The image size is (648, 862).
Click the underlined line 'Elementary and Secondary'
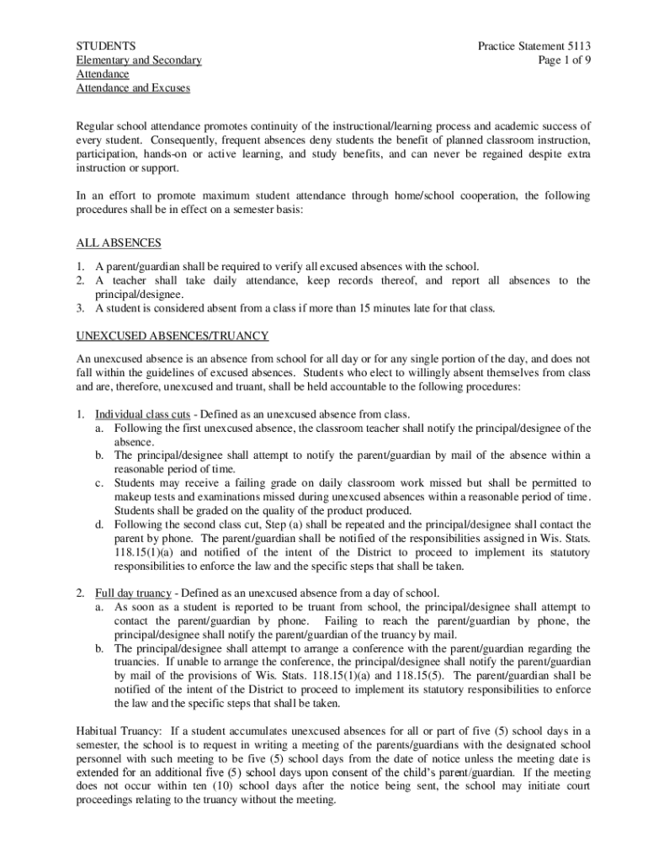(x=139, y=60)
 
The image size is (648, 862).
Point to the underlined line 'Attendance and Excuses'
(x=133, y=88)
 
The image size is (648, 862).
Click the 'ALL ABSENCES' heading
(x=119, y=243)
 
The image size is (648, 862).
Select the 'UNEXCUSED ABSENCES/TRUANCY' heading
(x=173, y=334)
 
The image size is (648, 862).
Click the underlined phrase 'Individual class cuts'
(x=142, y=414)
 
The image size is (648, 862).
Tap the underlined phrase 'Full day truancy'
(x=133, y=593)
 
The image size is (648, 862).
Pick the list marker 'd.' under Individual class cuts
(x=99, y=524)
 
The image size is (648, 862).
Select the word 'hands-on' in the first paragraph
(x=167, y=155)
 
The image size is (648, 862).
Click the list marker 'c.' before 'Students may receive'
(x=99, y=483)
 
